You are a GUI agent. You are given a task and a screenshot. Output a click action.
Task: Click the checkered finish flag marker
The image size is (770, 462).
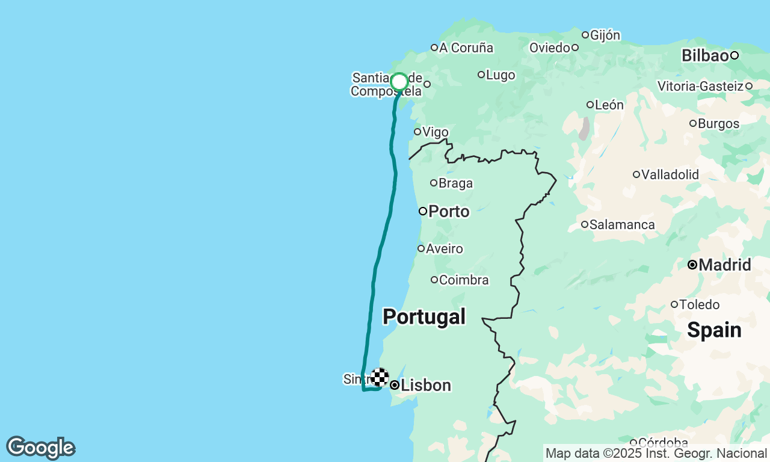click(x=380, y=377)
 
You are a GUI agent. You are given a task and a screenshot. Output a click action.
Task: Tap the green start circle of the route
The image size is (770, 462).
click(x=399, y=82)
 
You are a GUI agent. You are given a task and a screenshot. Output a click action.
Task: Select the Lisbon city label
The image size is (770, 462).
click(x=426, y=385)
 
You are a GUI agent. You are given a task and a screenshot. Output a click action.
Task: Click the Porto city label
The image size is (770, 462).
click(x=449, y=211)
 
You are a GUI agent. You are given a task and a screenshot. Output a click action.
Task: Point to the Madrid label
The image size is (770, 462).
click(x=725, y=265)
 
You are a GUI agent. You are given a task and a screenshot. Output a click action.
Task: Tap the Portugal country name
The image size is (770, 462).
click(x=424, y=316)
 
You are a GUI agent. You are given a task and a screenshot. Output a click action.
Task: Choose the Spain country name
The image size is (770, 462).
click(x=714, y=330)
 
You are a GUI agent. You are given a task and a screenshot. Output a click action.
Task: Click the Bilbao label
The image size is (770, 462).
click(x=705, y=55)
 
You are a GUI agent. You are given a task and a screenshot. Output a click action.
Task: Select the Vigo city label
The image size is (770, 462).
click(x=436, y=132)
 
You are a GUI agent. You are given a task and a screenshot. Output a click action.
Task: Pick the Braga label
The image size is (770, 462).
click(x=455, y=183)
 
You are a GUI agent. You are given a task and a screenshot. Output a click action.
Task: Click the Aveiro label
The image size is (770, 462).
click(x=445, y=248)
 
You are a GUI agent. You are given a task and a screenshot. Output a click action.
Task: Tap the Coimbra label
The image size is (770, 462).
click(x=464, y=280)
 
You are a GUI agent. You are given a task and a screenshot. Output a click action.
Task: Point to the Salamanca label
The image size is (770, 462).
click(x=622, y=224)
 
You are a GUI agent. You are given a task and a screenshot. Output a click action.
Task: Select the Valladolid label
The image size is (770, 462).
click(x=670, y=174)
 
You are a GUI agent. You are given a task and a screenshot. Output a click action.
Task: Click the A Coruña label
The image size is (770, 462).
click(x=466, y=48)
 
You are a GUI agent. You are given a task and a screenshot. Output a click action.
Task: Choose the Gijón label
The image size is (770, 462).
click(x=605, y=35)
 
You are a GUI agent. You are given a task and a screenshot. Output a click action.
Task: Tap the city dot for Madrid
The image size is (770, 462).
click(x=692, y=265)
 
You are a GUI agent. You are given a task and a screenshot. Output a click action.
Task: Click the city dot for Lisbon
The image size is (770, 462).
click(x=395, y=385)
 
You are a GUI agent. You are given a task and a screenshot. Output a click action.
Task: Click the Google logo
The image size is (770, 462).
click(x=40, y=448)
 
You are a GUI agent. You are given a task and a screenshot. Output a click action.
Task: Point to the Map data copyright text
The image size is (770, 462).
click(x=656, y=453)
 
